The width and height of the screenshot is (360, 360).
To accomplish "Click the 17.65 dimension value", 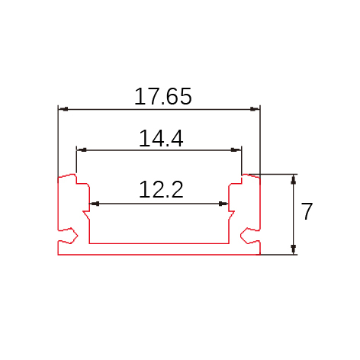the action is [162, 96].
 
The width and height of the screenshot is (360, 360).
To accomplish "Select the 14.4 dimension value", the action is [161, 138].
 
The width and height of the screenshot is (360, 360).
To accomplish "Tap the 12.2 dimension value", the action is [161, 189].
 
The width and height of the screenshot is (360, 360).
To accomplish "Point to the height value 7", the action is [307, 211].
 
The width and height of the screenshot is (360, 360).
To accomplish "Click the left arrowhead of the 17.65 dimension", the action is [63, 109].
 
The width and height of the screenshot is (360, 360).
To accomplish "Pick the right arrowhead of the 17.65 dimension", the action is [255, 109].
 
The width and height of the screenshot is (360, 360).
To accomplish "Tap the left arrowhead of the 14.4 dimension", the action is [82, 150].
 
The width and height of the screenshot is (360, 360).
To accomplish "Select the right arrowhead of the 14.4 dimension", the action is [236, 150].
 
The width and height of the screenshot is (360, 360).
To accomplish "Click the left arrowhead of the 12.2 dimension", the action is [95, 204].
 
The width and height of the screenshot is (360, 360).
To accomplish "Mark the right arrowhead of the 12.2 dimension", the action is [223, 204].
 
